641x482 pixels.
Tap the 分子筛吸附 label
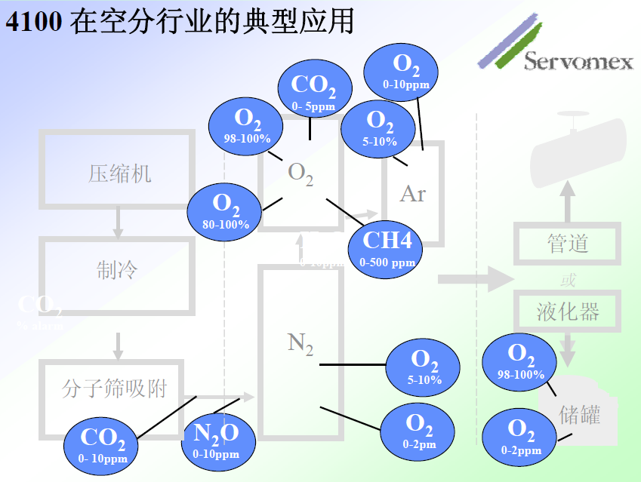pos(114,388)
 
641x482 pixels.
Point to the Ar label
pos(412,194)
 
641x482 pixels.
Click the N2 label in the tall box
pos(300,343)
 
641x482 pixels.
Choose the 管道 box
pos(567,244)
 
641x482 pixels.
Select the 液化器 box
pos(567,311)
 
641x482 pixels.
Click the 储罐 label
pos(579,413)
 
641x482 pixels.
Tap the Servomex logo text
pos(578,61)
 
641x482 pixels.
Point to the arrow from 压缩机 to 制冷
pos(118,221)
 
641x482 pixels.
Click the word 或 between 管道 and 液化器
pos(568,280)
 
